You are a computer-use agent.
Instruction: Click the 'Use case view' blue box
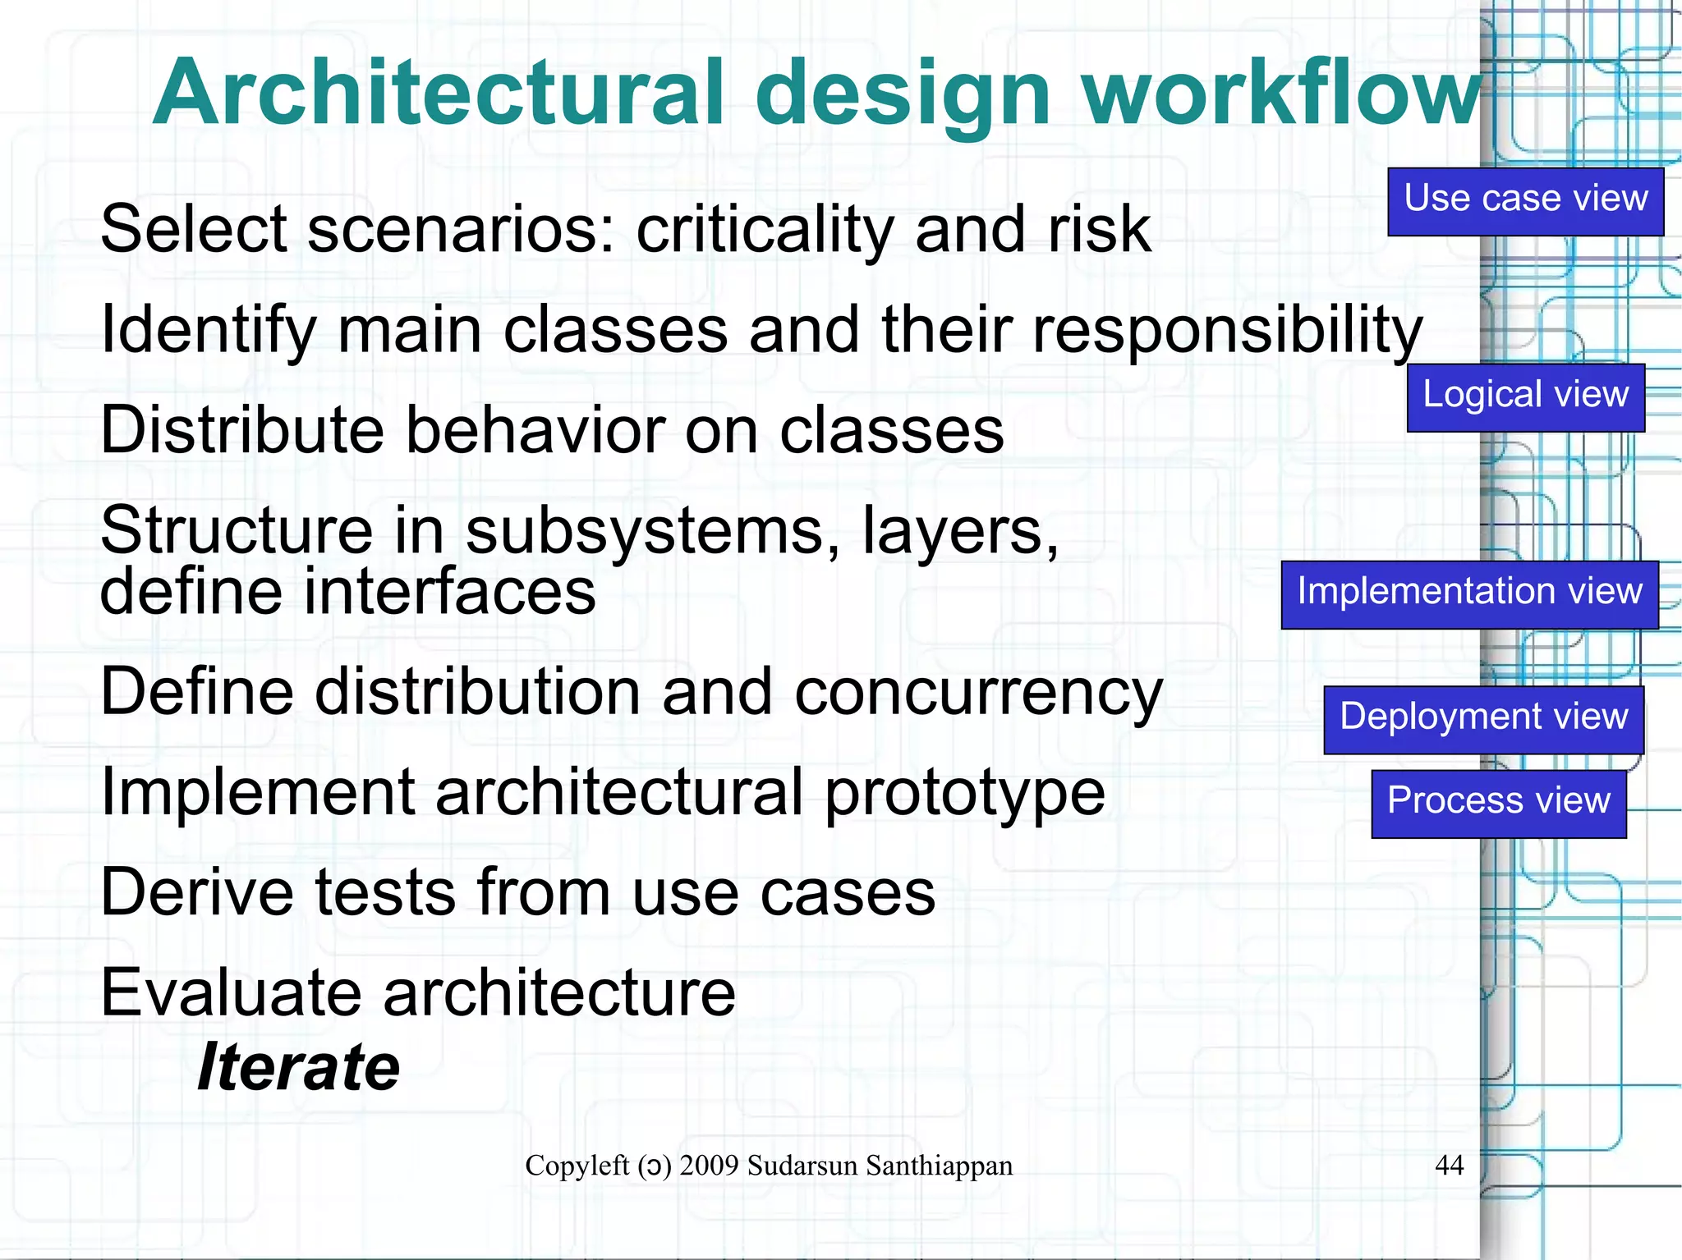tap(1525, 202)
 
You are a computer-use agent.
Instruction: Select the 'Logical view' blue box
tap(1525, 397)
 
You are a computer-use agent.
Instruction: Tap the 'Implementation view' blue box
tap(1469, 594)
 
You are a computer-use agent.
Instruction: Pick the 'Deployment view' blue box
tap(1483, 719)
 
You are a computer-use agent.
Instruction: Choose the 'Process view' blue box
tap(1498, 803)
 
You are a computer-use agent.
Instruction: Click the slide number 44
tap(1449, 1165)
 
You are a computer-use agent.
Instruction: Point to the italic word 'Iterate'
tap(299, 1067)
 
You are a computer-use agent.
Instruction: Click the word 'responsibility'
tap(1227, 331)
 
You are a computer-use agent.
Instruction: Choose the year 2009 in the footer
tap(709, 1166)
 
